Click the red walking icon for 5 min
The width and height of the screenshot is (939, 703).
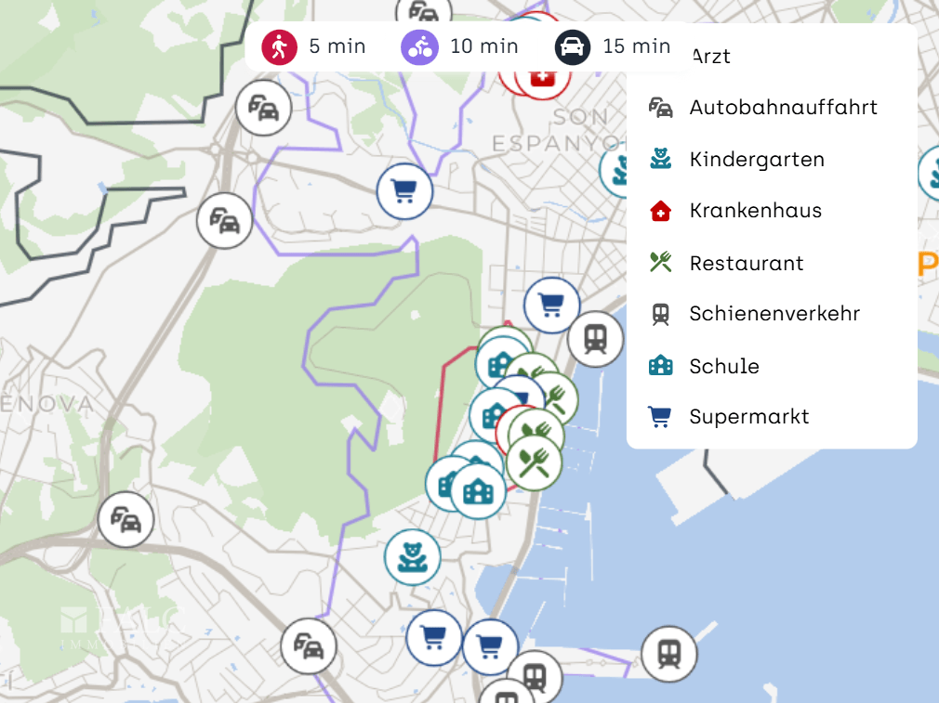click(x=279, y=46)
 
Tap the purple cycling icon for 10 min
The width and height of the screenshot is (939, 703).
click(x=419, y=46)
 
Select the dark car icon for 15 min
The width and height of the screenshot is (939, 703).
click(x=573, y=46)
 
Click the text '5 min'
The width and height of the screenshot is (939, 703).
click(x=337, y=46)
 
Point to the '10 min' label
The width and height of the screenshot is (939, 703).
click(x=483, y=46)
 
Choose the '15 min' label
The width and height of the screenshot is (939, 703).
click(x=636, y=46)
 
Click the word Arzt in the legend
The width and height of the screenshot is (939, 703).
click(x=710, y=57)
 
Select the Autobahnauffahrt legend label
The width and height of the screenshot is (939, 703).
click(x=783, y=108)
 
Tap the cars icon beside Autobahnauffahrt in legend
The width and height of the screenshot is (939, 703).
click(x=660, y=108)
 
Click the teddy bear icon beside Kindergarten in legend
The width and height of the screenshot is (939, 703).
click(x=660, y=159)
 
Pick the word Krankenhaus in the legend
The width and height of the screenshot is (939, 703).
click(x=755, y=211)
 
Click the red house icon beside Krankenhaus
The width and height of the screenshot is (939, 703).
click(x=660, y=211)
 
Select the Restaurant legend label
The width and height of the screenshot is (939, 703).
click(x=746, y=264)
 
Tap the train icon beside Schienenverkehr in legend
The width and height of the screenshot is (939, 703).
click(x=660, y=314)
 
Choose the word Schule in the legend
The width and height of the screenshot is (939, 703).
click(x=724, y=367)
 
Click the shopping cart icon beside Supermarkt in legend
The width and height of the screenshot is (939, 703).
click(x=660, y=417)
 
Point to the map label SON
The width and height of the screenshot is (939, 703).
click(x=580, y=117)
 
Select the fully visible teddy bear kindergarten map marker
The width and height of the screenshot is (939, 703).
click(x=412, y=556)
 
